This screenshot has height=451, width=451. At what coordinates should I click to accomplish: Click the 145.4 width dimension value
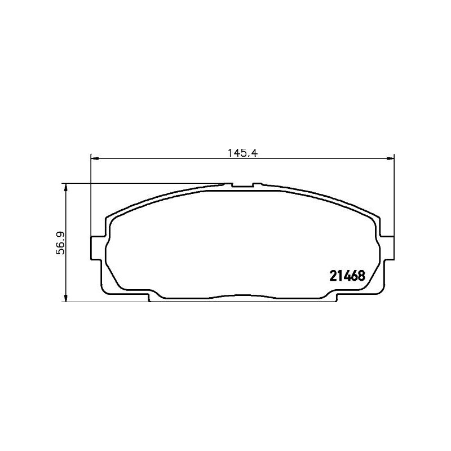pyautogui.click(x=242, y=153)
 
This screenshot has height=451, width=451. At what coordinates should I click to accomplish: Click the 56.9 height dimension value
pyautogui.click(x=61, y=243)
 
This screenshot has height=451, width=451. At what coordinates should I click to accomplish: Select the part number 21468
pyautogui.click(x=347, y=276)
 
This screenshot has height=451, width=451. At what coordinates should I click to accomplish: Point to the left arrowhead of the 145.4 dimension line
pyautogui.click(x=95, y=158)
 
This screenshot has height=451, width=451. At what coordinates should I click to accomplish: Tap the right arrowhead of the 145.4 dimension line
pyautogui.click(x=390, y=158)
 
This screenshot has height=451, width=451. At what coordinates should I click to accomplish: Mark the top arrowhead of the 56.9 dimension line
pyautogui.click(x=66, y=188)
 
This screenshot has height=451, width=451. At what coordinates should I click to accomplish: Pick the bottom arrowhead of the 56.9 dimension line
pyautogui.click(x=66, y=298)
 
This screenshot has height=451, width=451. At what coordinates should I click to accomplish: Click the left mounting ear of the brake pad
pyautogui.click(x=96, y=248)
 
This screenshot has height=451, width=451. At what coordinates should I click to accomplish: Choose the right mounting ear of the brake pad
pyautogui.click(x=387, y=247)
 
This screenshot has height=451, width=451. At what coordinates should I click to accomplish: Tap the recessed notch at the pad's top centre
pyautogui.click(x=242, y=186)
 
